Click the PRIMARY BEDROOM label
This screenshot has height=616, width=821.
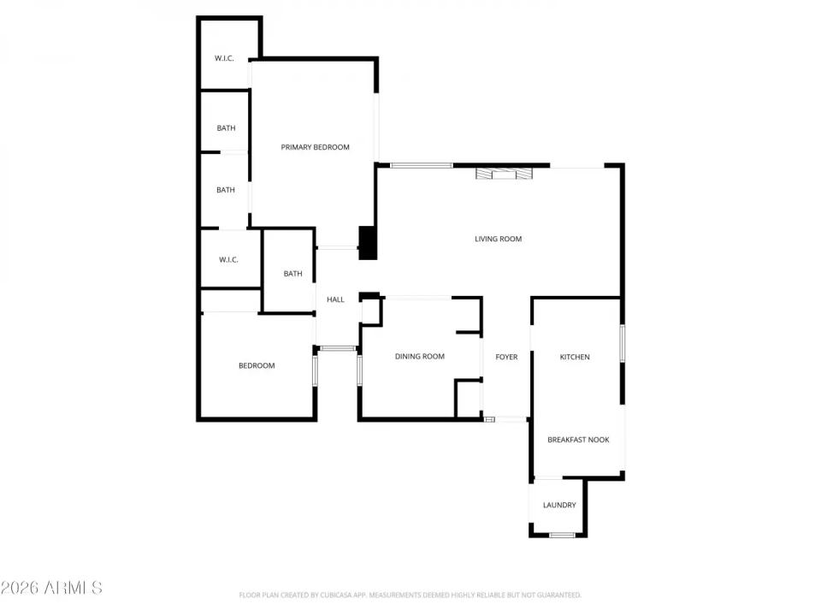click(x=315, y=147)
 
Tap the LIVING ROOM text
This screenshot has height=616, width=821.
click(x=498, y=239)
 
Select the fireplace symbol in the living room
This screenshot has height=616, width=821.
click(x=504, y=174)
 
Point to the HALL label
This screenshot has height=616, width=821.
click(x=335, y=299)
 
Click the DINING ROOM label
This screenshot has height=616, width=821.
click(x=419, y=357)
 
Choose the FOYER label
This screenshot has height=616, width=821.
click(x=506, y=357)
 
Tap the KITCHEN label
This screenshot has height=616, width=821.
click(x=574, y=357)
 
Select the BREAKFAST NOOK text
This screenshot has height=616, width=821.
click(x=578, y=440)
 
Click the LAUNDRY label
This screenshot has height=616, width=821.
click(x=559, y=505)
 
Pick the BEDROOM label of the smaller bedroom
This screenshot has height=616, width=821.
click(x=256, y=366)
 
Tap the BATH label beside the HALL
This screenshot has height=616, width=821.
click(x=292, y=274)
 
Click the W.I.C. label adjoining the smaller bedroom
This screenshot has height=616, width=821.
click(x=227, y=259)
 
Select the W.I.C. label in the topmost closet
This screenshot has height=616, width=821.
click(x=224, y=58)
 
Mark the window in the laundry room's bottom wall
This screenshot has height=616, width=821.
click(x=562, y=536)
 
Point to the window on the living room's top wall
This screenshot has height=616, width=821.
click(x=421, y=164)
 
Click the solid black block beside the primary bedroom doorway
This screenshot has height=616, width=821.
click(x=367, y=242)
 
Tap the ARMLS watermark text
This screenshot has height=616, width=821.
click(x=51, y=588)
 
